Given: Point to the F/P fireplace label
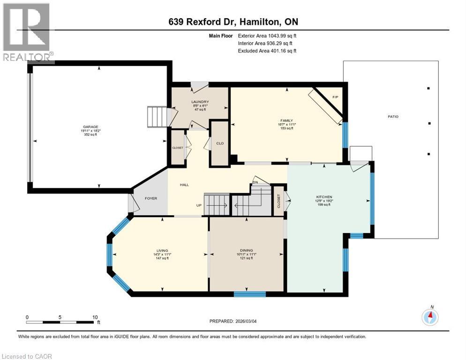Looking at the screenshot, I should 335,97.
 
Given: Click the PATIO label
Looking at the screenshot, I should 393,116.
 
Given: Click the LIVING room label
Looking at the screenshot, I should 162,251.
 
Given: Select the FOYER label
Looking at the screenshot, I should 150,198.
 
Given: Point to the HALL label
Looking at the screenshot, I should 184,185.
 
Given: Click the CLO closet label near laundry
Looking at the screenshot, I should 218,144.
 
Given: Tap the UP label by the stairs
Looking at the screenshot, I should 199,205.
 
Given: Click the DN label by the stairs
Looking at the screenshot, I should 256,182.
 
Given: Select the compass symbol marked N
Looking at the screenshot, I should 430,317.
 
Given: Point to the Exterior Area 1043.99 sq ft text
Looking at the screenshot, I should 267,35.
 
